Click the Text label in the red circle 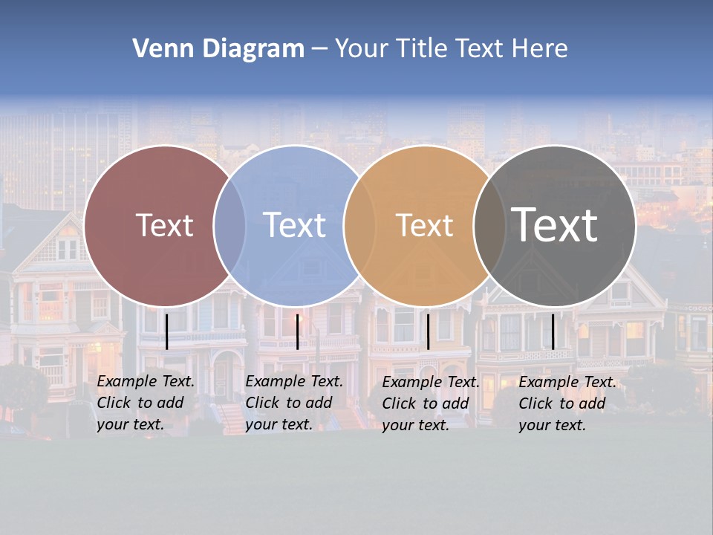(164, 225)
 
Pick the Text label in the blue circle (294, 225)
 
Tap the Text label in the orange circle (424, 225)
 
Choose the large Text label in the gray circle (554, 224)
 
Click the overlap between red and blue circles (229, 226)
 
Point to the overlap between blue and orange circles (359, 226)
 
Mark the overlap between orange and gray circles (487, 226)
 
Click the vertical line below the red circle (166, 331)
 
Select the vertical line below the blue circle (297, 331)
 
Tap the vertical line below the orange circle (428, 331)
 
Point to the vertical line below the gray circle (553, 331)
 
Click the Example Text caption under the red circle (146, 403)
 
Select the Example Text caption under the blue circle (294, 403)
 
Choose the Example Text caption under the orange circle (431, 403)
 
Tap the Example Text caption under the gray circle (567, 403)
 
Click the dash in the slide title (319, 49)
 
